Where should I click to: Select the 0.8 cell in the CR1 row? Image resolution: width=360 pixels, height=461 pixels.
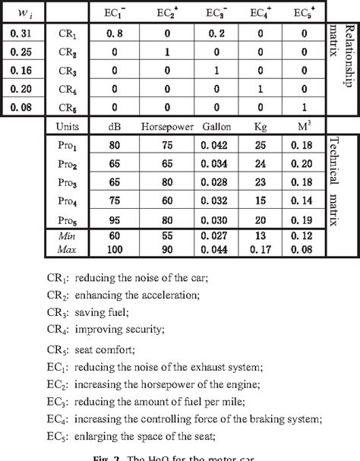(x=117, y=33)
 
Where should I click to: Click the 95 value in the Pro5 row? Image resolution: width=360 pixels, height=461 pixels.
(x=117, y=219)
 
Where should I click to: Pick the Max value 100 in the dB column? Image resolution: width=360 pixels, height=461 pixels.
(x=117, y=249)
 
